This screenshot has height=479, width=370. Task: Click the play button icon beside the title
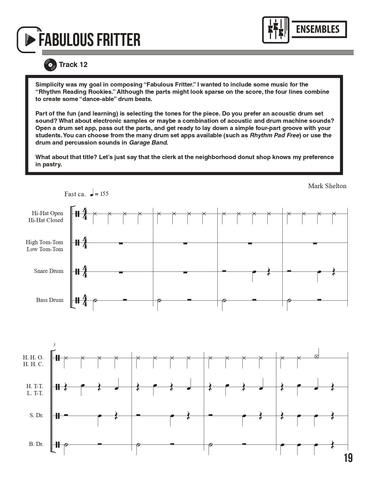30,40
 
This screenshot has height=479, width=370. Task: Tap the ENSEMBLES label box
318,29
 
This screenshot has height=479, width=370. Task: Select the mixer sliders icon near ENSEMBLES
276,30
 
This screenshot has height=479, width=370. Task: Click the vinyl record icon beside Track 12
50,65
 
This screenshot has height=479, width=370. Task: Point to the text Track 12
73,65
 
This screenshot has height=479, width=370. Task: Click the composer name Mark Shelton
327,186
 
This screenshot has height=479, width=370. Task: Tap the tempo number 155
104,194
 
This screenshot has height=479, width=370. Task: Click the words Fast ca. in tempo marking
75,194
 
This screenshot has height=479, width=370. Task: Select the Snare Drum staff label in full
48,271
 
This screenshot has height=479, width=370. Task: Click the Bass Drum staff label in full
50,300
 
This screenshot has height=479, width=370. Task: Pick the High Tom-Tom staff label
44,242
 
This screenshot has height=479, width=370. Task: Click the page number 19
348,458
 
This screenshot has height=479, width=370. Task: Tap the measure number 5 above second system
54,345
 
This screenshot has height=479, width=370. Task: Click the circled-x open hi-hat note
317,356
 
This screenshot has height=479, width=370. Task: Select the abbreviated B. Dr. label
36,444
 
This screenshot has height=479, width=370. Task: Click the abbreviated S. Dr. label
36,415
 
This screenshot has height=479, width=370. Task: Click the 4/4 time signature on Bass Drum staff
85,300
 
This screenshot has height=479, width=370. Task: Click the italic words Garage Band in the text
148,143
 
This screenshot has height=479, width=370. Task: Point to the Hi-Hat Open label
47,213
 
